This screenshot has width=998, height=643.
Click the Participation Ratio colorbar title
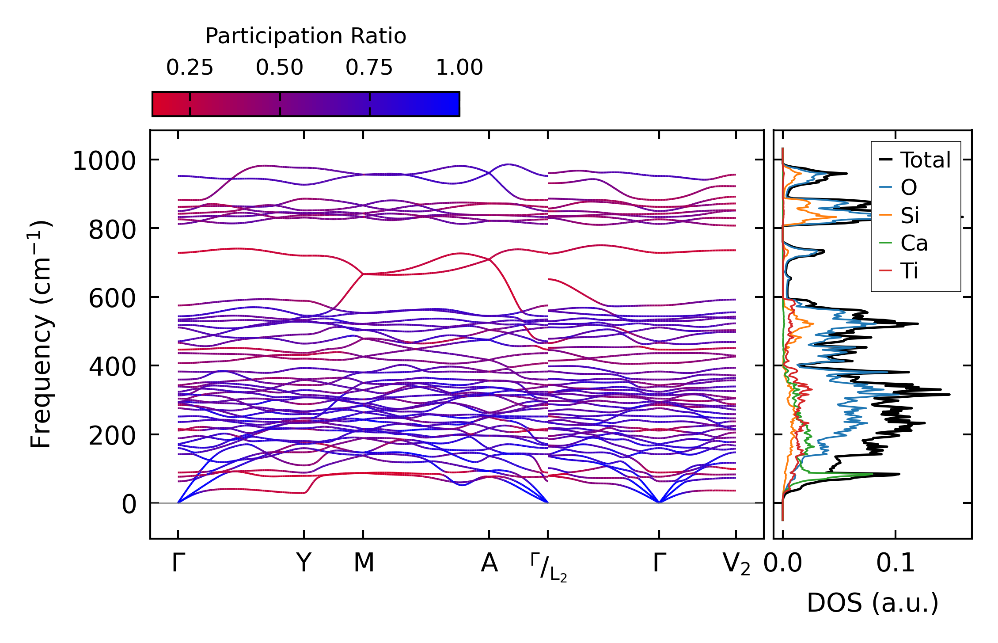click(306, 36)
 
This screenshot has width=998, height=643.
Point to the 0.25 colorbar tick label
click(190, 68)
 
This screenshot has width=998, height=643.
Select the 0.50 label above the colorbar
click(279, 68)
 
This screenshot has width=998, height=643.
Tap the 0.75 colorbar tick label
click(369, 68)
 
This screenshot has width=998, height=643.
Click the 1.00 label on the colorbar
click(459, 68)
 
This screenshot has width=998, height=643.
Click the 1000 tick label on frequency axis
click(104, 160)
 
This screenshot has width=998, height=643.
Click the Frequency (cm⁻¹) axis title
click(41, 334)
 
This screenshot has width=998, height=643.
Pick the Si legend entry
click(910, 216)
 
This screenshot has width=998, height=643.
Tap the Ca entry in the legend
click(914, 243)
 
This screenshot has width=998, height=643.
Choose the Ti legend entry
click(909, 271)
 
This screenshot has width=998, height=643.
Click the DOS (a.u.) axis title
click(873, 603)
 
